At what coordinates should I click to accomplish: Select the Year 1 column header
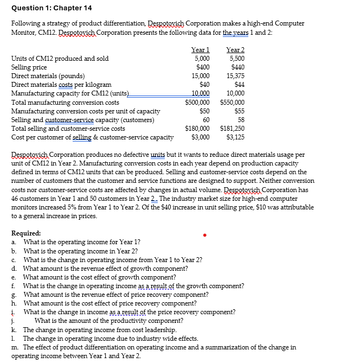click(201, 50)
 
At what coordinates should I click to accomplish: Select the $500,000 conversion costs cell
click(197, 102)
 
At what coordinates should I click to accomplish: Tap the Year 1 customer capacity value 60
click(205, 119)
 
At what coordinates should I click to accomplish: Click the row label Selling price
click(29, 67)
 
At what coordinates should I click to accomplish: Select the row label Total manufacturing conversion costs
click(65, 102)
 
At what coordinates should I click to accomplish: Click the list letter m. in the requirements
click(15, 347)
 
